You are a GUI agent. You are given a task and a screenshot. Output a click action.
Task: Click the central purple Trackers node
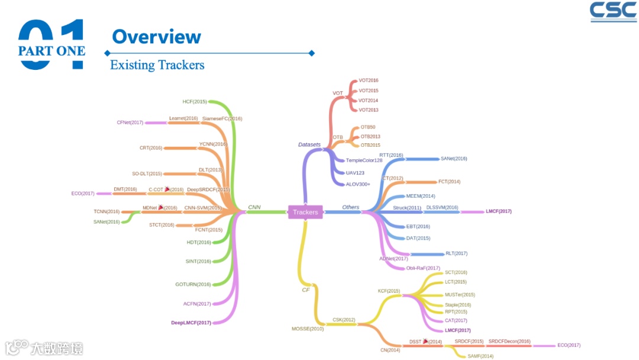point(305,212)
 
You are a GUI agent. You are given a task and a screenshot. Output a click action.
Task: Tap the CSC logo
point(613,12)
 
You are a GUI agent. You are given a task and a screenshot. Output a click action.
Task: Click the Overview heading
point(156,37)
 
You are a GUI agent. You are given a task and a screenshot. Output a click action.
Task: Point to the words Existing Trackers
point(157,65)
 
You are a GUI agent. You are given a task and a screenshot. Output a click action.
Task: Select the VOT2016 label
point(368,80)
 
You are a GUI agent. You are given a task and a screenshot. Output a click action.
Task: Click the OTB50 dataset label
point(367,127)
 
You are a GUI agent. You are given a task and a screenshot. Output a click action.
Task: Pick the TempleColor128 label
point(364,160)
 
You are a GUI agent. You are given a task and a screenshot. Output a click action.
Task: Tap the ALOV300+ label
point(358,184)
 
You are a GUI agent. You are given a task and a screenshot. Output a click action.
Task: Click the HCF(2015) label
point(195,102)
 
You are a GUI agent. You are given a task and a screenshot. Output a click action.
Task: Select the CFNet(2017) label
point(130,123)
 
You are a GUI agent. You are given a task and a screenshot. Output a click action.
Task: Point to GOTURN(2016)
point(193,284)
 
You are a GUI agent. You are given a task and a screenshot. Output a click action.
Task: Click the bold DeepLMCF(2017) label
point(191,323)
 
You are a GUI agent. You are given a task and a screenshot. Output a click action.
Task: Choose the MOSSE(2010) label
point(308,329)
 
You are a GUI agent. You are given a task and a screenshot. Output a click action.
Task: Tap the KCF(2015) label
point(389,291)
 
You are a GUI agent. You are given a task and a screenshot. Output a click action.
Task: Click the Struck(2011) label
point(407,208)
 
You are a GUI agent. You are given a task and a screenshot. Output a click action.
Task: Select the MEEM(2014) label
point(421,196)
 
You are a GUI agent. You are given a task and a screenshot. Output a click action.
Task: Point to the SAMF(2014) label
point(480,356)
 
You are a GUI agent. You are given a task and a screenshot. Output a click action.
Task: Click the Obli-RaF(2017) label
point(423,268)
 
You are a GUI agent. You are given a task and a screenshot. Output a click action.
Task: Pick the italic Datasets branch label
point(309,144)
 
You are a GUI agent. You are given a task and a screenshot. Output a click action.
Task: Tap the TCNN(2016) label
point(106,211)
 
